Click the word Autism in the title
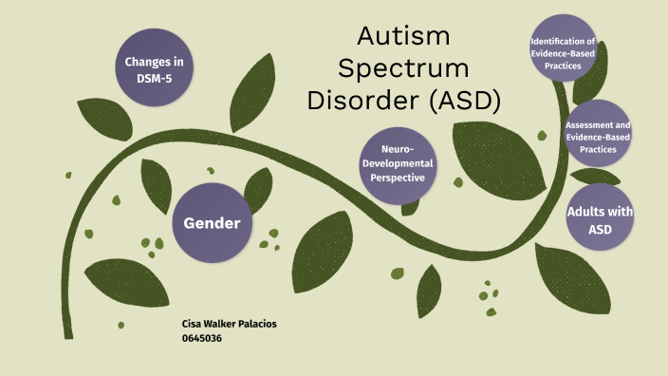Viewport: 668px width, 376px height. click(404, 38)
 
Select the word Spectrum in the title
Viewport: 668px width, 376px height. click(404, 69)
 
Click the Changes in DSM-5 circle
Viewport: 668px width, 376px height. click(154, 68)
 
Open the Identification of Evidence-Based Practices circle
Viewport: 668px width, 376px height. click(564, 55)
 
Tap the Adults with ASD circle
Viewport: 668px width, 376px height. click(600, 219)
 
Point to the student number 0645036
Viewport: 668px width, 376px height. click(201, 337)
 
